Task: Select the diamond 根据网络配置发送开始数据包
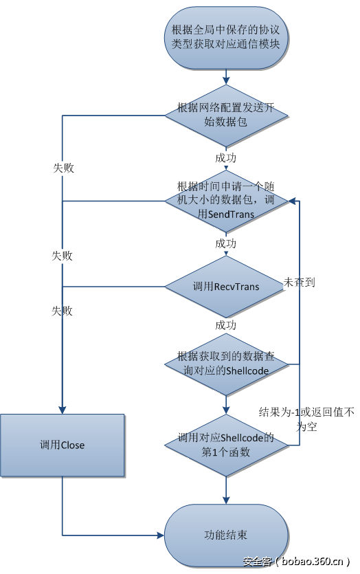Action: pos(226,115)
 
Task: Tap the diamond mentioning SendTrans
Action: pos(226,200)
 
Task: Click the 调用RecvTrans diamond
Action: pos(226,286)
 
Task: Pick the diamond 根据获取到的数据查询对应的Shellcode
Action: pos(226,364)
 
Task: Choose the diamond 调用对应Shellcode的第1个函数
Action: pos(226,445)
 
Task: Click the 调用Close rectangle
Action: pos(62,445)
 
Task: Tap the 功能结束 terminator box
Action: pos(226,534)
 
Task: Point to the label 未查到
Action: pos(300,282)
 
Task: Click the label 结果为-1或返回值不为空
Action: pos(306,419)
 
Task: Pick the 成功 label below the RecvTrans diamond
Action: pos(225,324)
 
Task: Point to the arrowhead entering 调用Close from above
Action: pos(63,410)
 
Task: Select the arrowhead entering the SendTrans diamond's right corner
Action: pos(291,200)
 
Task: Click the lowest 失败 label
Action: pos(62,311)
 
